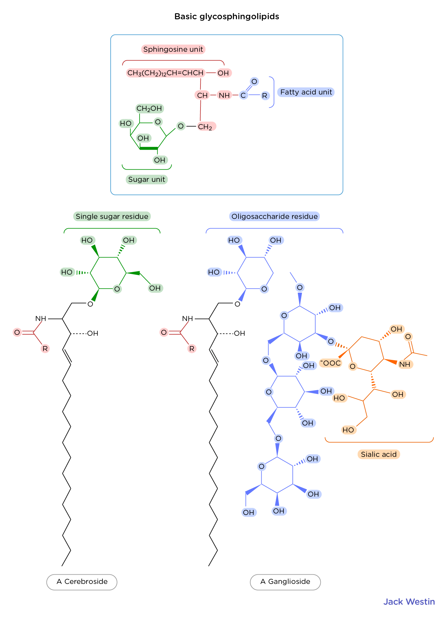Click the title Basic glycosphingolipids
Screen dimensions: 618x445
227,17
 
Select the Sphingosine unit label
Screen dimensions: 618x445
173,49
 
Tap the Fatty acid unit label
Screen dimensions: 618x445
306,92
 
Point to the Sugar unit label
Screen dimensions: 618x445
147,179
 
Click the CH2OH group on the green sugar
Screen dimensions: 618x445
149,108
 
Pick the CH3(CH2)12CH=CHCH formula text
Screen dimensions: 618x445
166,73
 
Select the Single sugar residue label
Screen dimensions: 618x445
112,217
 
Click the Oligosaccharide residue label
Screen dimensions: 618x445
274,217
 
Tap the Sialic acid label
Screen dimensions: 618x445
379,454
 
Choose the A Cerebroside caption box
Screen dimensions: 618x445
82,582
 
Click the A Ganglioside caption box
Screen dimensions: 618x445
285,582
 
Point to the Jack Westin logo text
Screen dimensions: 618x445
409,602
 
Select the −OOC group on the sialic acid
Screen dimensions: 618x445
330,363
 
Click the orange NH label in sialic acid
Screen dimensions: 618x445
405,364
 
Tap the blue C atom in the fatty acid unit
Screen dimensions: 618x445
243,95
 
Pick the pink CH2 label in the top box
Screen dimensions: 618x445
206,127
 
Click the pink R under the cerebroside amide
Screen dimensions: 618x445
45,349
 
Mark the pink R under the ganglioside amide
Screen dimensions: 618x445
192,349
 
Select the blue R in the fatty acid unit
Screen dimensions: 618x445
264,96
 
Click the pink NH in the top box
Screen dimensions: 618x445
224,95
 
